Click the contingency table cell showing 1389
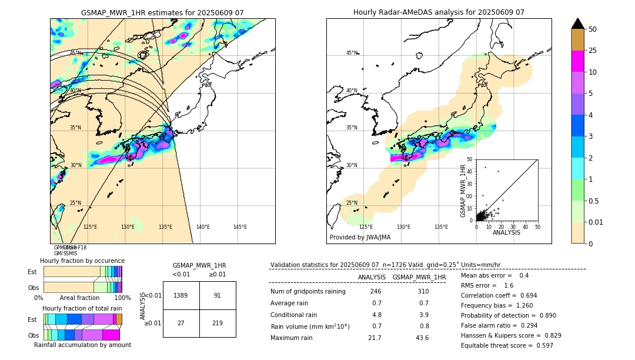click(181, 296)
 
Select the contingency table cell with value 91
click(218, 296)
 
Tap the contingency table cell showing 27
click(181, 323)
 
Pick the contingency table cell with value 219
click(218, 323)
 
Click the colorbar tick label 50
click(593, 29)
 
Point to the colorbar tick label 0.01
click(596, 222)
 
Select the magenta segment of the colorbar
click(578, 61)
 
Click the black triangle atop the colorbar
click(578, 24)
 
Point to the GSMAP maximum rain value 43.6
click(422, 338)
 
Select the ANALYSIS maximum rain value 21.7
click(375, 338)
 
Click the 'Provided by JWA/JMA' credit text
click(360, 238)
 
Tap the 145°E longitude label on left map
click(240, 227)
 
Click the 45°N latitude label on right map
click(352, 53)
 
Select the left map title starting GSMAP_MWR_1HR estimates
click(162, 12)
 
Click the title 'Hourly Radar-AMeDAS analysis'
click(439, 12)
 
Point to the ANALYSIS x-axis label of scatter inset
click(506, 232)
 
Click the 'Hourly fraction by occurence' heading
click(82, 261)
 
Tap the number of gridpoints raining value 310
click(422, 292)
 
